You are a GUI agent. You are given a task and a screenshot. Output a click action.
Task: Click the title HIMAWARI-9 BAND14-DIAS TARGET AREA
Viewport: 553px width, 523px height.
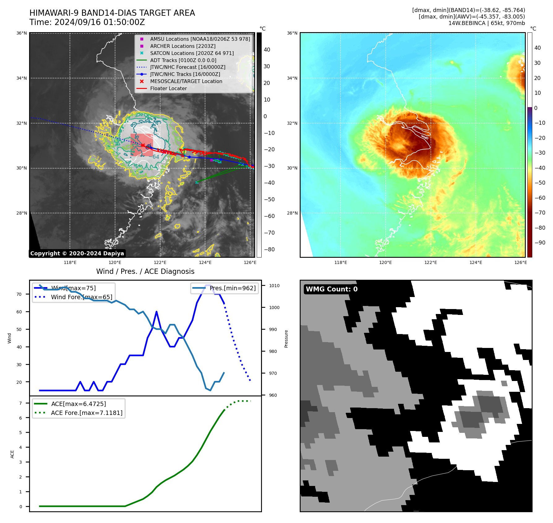tap(112, 13)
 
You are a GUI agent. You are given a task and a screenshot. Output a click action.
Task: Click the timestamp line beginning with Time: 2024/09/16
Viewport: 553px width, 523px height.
tap(87, 22)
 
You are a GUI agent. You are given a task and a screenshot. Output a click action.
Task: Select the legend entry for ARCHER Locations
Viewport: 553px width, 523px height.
tap(182, 46)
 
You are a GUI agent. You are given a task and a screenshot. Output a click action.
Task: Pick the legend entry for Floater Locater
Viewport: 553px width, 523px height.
tap(168, 88)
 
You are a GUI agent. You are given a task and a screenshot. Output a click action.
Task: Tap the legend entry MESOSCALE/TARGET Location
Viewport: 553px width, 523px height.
tap(186, 81)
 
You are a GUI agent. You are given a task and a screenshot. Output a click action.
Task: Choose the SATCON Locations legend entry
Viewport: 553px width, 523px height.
tap(192, 53)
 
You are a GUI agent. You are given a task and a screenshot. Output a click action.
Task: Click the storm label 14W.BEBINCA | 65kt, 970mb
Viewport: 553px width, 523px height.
tap(487, 23)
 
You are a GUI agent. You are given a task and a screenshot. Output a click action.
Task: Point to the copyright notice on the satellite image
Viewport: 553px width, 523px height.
tap(77, 253)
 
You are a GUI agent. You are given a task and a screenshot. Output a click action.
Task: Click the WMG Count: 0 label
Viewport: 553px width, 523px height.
tap(332, 289)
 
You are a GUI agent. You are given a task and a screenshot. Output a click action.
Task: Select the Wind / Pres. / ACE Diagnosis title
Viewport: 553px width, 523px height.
tap(145, 271)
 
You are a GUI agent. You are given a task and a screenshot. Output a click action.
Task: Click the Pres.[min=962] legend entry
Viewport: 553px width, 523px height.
tap(232, 288)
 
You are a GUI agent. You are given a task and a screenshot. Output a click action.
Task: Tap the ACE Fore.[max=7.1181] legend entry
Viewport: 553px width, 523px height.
tap(87, 413)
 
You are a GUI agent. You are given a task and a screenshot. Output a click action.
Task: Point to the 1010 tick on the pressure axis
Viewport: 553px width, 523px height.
tap(274, 286)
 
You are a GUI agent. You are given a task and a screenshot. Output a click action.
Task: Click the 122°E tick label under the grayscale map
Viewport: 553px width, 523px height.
tap(160, 262)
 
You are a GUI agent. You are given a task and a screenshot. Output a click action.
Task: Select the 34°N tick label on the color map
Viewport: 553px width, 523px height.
tap(292, 78)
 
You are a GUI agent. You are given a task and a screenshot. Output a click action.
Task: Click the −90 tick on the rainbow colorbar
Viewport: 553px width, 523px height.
tap(540, 243)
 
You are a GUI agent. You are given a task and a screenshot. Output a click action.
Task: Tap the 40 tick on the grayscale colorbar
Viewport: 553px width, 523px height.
tap(267, 50)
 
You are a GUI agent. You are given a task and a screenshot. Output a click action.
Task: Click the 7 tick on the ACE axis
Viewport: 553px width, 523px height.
tap(20, 403)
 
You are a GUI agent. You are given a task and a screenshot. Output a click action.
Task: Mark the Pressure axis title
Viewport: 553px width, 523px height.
tap(286, 339)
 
